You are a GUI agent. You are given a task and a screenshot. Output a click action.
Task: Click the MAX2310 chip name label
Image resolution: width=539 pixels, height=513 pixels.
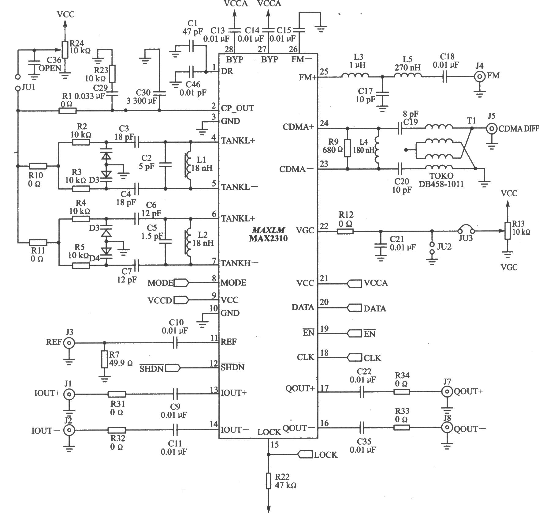pyautogui.click(x=268, y=238)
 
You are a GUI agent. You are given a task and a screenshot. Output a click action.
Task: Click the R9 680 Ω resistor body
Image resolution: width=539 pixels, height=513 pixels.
pyautogui.click(x=347, y=148)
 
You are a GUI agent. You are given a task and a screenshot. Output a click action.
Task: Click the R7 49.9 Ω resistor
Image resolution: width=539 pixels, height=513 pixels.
pyautogui.click(x=105, y=359)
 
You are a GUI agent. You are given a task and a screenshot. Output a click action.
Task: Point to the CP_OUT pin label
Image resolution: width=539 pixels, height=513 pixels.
pyautogui.click(x=237, y=108)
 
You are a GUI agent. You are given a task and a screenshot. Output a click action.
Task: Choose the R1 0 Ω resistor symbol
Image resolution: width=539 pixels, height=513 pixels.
pyautogui.click(x=68, y=111)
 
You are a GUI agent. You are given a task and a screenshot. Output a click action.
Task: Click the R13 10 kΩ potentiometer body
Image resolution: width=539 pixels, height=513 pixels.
pyautogui.click(x=507, y=231)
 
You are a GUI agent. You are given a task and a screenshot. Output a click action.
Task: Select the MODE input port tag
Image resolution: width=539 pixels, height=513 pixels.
pyautogui.click(x=181, y=283)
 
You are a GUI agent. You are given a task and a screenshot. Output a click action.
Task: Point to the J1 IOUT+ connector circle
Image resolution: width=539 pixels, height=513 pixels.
pyautogui.click(x=69, y=394)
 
